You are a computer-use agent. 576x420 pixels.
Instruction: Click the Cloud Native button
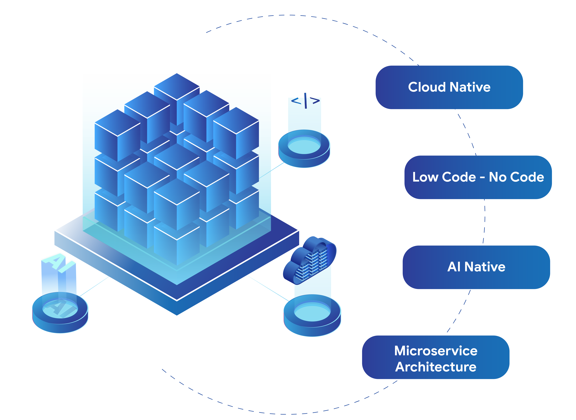pyautogui.click(x=449, y=87)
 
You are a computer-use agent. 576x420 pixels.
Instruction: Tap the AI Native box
pyautogui.click(x=476, y=267)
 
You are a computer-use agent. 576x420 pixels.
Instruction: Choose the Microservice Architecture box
pyautogui.click(x=436, y=357)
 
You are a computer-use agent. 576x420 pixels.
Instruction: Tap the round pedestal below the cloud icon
pyautogui.click(x=312, y=315)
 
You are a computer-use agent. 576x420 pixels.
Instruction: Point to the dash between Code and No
pyautogui.click(x=482, y=178)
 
